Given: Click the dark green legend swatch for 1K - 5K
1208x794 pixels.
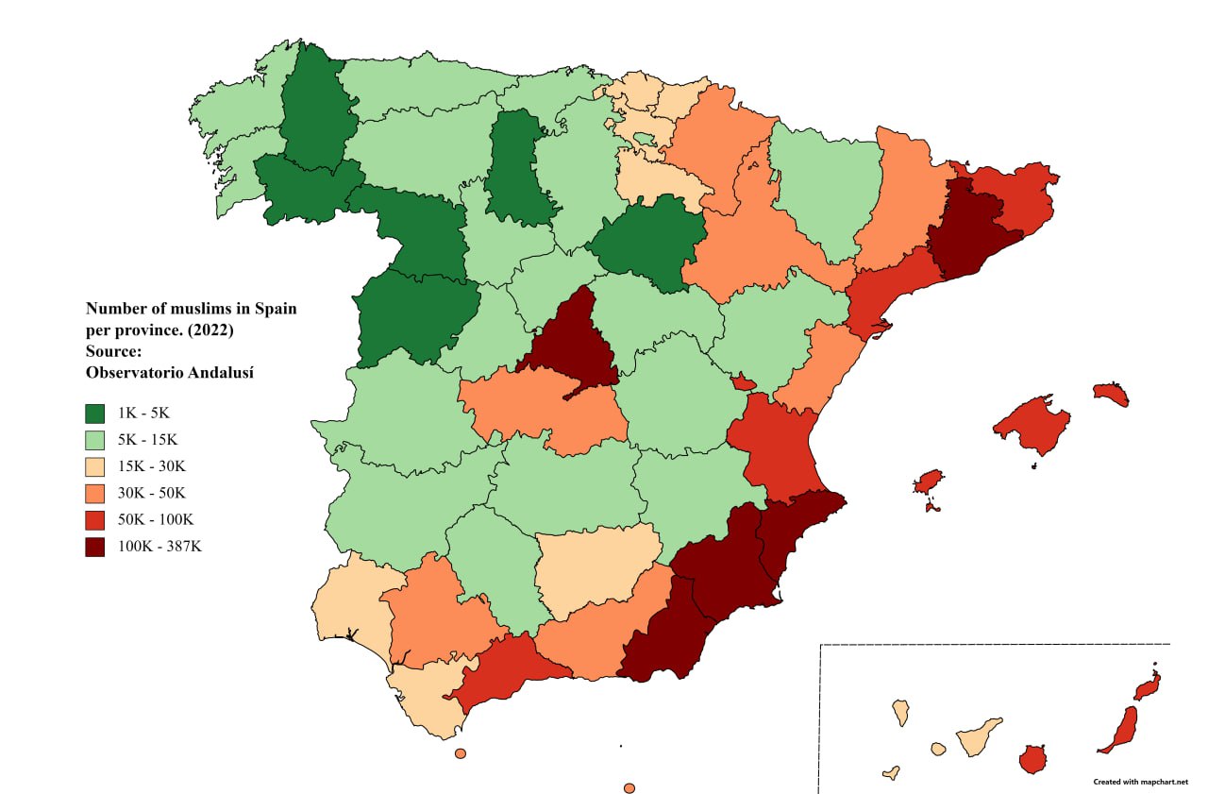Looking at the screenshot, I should pyautogui.click(x=94, y=413).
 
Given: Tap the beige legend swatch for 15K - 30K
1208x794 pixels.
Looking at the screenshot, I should pyautogui.click(x=94, y=465).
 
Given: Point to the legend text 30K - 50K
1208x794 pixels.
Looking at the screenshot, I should pyautogui.click(x=152, y=493).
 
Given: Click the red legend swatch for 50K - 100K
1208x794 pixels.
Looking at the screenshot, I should pyautogui.click(x=94, y=519).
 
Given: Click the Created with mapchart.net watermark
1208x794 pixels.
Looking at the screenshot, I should pyautogui.click(x=1140, y=782).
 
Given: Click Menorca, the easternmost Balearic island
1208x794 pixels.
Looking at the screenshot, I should pyautogui.click(x=1112, y=394).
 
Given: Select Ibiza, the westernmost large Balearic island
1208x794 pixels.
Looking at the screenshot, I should pyautogui.click(x=930, y=481).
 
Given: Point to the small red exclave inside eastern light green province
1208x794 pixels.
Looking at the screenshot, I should pyautogui.click(x=744, y=382).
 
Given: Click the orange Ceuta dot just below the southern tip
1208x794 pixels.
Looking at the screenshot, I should pyautogui.click(x=460, y=753).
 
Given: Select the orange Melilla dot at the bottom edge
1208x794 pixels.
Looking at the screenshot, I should pyautogui.click(x=629, y=787).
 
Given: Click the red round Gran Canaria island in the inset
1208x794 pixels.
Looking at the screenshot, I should pyautogui.click(x=1033, y=758).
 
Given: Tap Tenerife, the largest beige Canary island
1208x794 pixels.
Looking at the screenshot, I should pyautogui.click(x=979, y=736).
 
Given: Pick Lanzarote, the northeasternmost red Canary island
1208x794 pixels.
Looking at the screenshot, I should pyautogui.click(x=1147, y=687).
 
